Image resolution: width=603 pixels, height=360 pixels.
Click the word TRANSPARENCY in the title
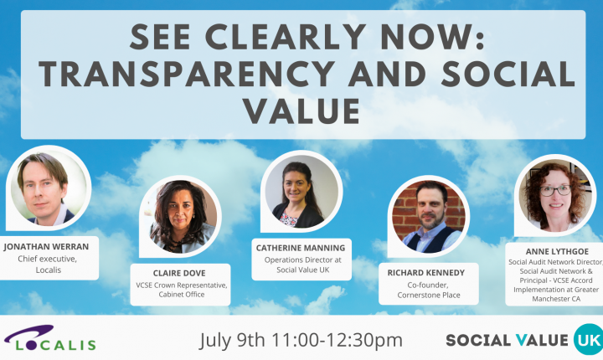click(x=187, y=74)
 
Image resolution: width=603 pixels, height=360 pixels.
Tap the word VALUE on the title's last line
click(x=301, y=111)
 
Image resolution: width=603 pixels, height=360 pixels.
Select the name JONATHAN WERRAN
click(x=47, y=247)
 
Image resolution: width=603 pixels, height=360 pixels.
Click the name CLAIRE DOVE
click(x=179, y=273)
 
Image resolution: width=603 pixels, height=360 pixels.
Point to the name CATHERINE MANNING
click(x=301, y=248)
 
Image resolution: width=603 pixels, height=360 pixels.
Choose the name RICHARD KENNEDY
click(x=426, y=273)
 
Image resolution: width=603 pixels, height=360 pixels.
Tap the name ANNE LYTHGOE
click(x=557, y=251)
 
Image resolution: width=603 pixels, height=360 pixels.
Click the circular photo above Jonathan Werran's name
click(x=49, y=188)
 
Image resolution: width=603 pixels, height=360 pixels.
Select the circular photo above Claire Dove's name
click(x=180, y=216)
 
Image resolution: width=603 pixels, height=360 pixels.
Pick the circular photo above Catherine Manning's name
click(x=301, y=192)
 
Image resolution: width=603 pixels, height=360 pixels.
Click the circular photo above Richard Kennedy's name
click(x=429, y=217)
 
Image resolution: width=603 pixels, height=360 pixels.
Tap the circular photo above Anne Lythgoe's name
click(x=555, y=195)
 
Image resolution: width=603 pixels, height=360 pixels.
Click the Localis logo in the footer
click(x=49, y=338)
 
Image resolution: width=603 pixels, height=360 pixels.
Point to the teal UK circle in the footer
click(x=589, y=339)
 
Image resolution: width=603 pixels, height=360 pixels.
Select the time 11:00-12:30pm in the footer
click(x=337, y=340)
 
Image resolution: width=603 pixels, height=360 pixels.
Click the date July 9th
click(x=232, y=341)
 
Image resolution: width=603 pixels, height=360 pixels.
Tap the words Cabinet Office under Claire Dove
click(x=182, y=295)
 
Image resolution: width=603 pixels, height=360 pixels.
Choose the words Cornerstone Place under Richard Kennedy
click(x=429, y=295)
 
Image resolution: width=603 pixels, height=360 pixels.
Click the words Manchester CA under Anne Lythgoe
click(x=556, y=299)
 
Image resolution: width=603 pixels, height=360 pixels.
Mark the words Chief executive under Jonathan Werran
click(x=47, y=259)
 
